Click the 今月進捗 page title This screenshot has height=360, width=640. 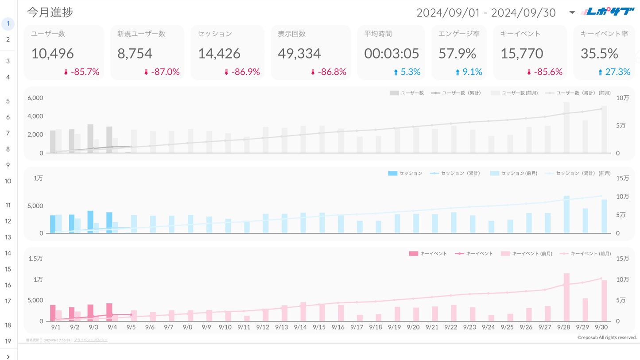tap(50, 12)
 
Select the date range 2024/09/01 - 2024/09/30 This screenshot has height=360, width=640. tap(486, 13)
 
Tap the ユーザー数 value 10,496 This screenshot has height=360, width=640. tap(52, 54)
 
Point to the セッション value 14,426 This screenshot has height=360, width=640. tap(219, 54)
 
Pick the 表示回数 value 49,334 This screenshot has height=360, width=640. tap(299, 54)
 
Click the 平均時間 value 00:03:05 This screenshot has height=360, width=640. tap(392, 54)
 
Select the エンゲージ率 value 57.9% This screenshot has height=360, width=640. tap(458, 54)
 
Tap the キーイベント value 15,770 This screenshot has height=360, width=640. tap(522, 54)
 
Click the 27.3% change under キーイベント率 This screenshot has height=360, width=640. tap(617, 72)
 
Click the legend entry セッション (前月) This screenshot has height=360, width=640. tap(519, 173)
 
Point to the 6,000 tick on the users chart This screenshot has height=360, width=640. tap(35, 98)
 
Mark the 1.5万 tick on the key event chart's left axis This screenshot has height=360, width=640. tap(36, 259)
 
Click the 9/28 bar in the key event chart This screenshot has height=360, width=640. tap(566, 297)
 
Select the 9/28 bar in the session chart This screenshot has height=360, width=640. tap(566, 214)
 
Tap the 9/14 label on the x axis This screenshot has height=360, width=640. tap(300, 327)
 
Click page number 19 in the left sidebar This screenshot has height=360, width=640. tap(8, 341)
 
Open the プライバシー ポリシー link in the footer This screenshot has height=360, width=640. tap(91, 340)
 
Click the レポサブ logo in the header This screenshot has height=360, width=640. tap(608, 12)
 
